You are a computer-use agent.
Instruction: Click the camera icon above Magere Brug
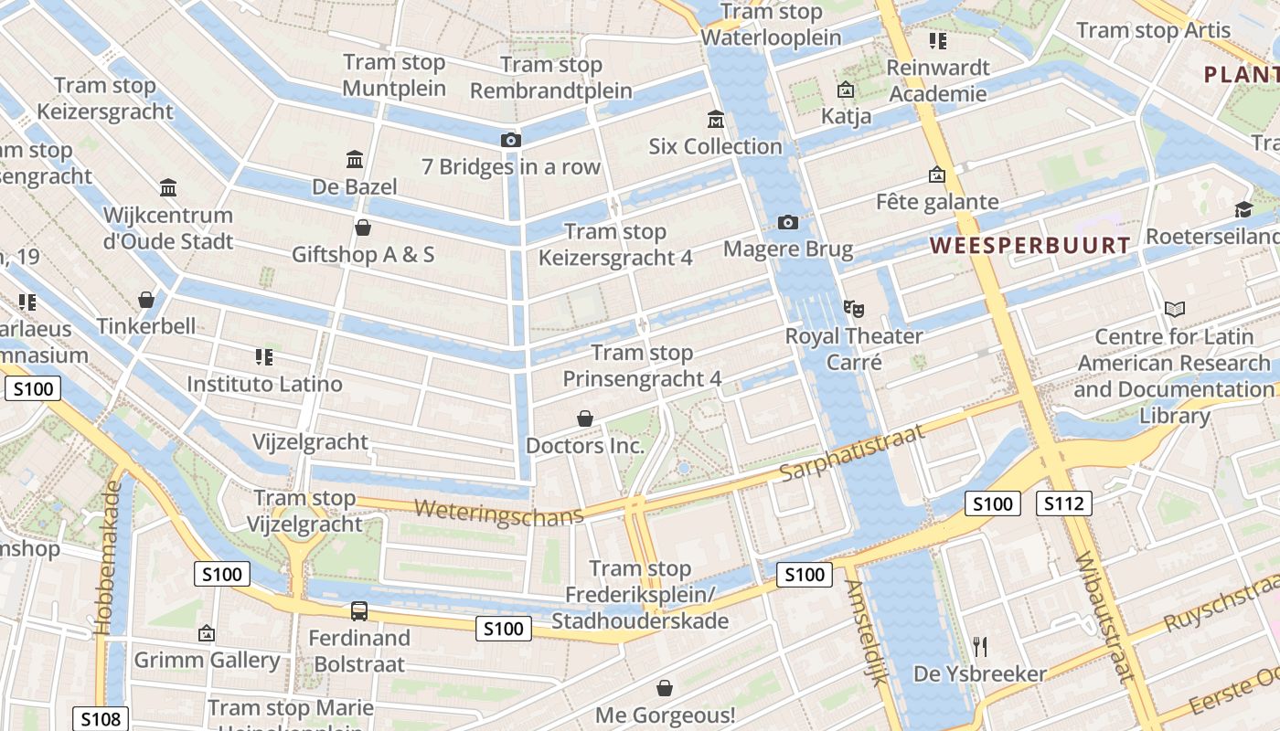(x=787, y=222)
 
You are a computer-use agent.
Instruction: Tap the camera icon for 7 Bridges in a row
(x=511, y=140)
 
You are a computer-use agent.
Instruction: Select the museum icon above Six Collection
(x=715, y=120)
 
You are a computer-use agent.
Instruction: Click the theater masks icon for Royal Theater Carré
(x=853, y=309)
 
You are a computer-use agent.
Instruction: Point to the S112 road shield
(x=1063, y=503)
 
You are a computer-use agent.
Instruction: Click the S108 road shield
(x=101, y=719)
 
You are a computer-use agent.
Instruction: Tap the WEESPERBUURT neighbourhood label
(x=1030, y=246)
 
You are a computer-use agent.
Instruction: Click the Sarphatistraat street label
(x=852, y=454)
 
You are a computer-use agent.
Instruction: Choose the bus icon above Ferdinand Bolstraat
(x=359, y=611)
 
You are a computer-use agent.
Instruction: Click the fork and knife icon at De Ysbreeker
(x=980, y=647)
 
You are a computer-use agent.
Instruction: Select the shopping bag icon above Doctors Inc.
(x=585, y=418)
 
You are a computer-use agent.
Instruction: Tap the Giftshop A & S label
(x=363, y=254)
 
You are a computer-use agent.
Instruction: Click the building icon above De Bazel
(x=355, y=160)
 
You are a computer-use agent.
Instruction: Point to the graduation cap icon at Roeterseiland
(x=1243, y=210)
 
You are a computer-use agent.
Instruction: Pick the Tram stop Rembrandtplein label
(x=551, y=78)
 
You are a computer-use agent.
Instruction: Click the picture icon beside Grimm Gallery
(x=207, y=633)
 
